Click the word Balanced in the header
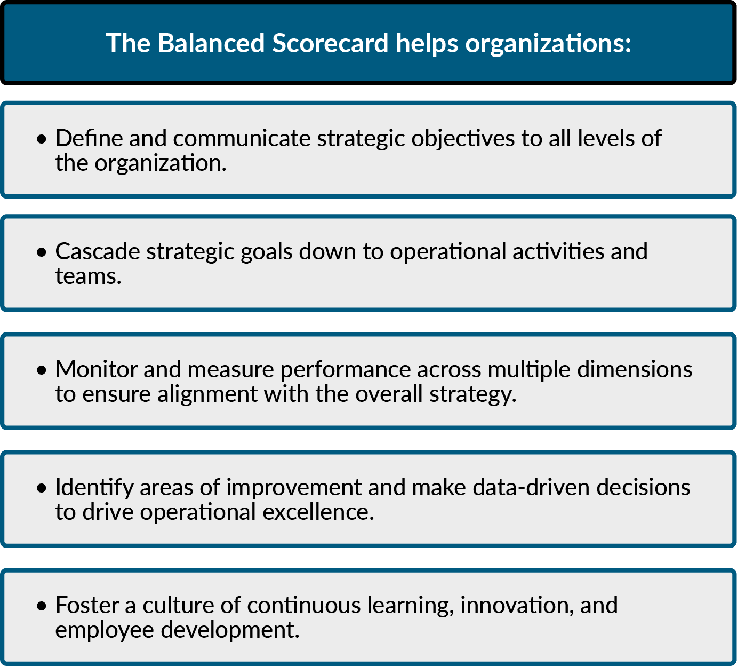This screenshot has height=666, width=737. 211,43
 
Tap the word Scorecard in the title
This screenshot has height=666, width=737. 330,43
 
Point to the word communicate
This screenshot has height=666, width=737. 242,139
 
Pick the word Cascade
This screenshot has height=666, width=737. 98,251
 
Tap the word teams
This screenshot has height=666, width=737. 88,276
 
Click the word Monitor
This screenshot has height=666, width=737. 97,369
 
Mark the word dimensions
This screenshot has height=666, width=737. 635,369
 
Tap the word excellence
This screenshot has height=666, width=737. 318,512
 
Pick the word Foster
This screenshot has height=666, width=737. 87,605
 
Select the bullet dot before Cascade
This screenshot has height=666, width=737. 42,252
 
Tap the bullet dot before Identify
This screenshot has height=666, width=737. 42,488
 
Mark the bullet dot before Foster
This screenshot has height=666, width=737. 42,606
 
